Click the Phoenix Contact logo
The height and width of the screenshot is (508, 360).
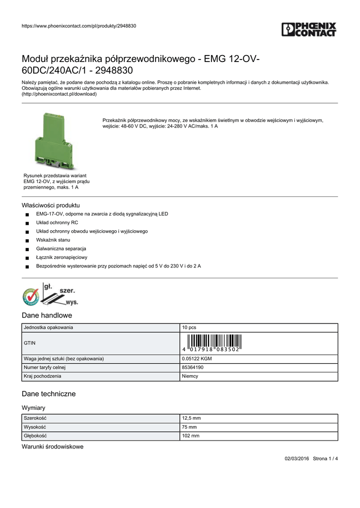309,29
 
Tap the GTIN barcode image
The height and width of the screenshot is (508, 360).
211,343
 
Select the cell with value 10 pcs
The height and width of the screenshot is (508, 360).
189,327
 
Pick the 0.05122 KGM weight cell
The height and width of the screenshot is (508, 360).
197,358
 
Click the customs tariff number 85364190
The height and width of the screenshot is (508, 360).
192,367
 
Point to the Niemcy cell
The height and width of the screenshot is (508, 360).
190,376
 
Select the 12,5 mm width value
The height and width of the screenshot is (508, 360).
192,418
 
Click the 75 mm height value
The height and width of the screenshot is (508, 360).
189,427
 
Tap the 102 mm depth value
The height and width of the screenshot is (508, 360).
191,436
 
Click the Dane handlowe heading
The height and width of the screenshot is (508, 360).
47,316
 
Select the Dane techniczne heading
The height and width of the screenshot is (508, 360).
49,394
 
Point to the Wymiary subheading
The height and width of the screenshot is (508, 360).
34,408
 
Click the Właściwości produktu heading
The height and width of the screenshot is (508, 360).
51,205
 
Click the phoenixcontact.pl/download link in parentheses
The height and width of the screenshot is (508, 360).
59,94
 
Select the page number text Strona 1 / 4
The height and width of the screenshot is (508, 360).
325,458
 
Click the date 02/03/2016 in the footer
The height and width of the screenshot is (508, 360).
296,458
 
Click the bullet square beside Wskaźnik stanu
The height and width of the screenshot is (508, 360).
27,241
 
